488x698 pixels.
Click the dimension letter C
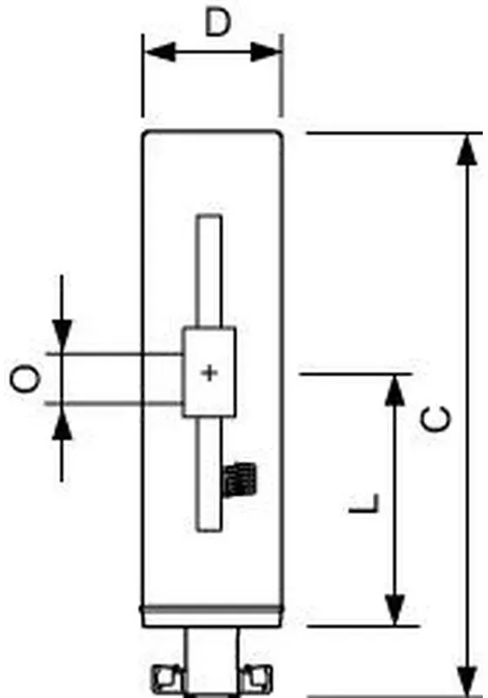(x=436, y=419)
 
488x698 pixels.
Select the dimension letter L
(x=365, y=503)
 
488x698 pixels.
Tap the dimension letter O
(x=25, y=379)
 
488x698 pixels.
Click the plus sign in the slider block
(x=209, y=373)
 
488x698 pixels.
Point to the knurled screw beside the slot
(x=239, y=480)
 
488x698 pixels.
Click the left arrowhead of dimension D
(x=160, y=52)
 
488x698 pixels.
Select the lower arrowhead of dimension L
(x=394, y=609)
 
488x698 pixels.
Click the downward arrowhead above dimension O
(x=62, y=336)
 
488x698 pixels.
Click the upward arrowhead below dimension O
(x=62, y=422)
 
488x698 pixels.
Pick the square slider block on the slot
(x=209, y=372)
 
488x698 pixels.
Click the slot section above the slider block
(x=209, y=271)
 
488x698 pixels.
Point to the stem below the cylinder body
(x=212, y=660)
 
